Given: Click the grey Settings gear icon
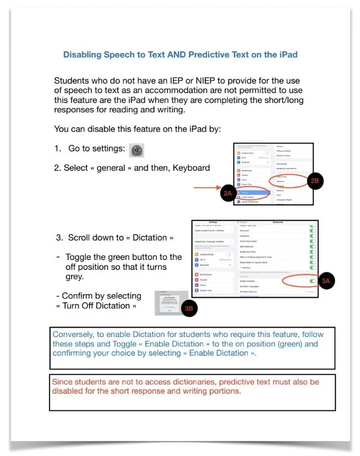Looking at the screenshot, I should coord(136,150).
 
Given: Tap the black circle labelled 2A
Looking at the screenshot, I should coord(228,193).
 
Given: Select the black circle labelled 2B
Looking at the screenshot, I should coord(315,181).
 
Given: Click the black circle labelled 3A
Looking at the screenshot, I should coord(326,280).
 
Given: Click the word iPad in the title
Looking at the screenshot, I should coord(287,55).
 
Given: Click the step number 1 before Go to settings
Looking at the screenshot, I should coord(57,149).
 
